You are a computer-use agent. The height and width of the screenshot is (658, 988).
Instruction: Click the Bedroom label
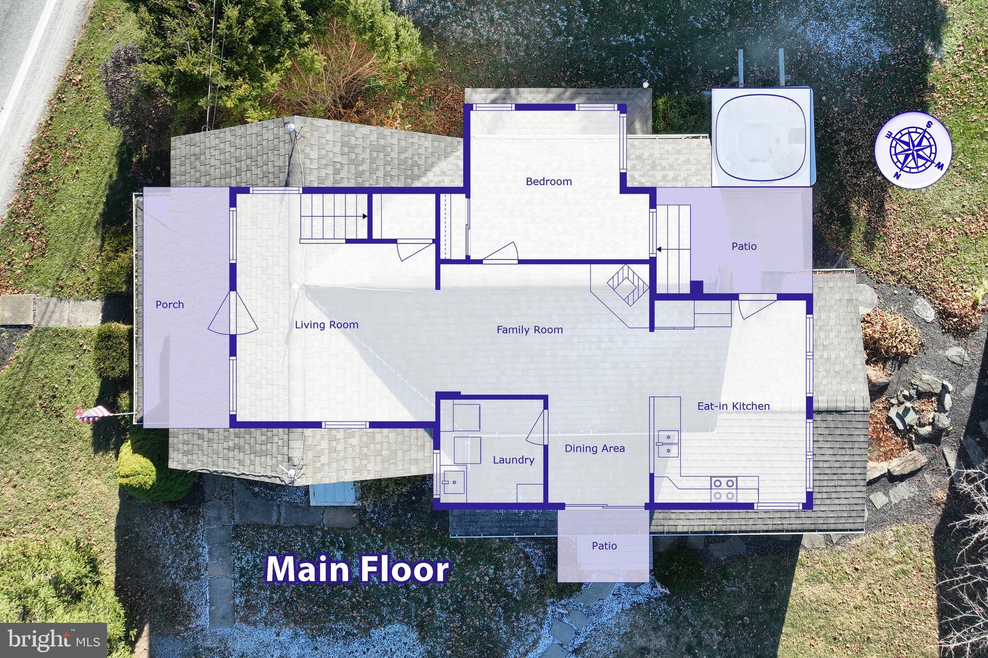[549, 182]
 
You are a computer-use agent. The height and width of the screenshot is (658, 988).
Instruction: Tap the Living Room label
[327, 325]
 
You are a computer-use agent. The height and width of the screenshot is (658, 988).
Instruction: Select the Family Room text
[530, 330]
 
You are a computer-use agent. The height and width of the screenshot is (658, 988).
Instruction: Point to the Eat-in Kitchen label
[733, 406]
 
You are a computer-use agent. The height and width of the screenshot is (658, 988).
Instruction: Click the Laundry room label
[513, 460]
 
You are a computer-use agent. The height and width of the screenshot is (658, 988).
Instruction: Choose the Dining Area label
[594, 448]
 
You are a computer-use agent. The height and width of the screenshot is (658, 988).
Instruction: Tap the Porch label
[169, 305]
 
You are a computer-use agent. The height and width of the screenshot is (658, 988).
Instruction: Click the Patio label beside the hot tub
[744, 246]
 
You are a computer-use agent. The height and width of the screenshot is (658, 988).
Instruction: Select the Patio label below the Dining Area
[604, 546]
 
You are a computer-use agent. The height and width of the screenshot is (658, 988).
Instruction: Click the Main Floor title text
[357, 570]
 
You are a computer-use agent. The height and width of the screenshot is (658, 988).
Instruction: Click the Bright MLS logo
[53, 640]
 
